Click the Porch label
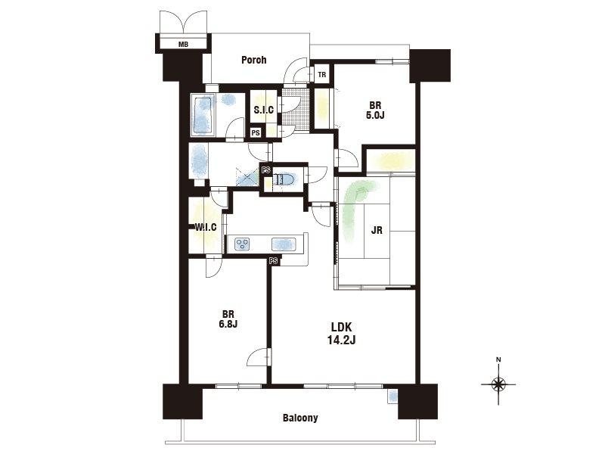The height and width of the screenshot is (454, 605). click(253, 60)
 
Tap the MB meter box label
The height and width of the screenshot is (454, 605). click(183, 45)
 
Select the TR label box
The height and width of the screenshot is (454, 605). click(322, 75)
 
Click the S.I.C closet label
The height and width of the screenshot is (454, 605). click(264, 110)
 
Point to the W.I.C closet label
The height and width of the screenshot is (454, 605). click(205, 227)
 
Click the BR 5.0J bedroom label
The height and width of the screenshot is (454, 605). click(375, 110)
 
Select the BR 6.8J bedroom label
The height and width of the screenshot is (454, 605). click(228, 319)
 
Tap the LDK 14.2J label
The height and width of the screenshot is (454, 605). click(342, 334)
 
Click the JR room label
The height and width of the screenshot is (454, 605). click(377, 231)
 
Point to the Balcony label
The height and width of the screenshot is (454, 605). click(300, 418)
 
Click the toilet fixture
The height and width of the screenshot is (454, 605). click(285, 179)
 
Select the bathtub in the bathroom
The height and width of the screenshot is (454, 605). click(202, 115)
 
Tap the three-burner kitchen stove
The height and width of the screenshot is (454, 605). click(242, 244)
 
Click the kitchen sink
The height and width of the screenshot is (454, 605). click(284, 244)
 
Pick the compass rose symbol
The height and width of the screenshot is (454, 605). click(498, 384)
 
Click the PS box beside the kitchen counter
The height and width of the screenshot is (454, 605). click(274, 261)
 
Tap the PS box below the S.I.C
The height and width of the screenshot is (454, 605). click(256, 132)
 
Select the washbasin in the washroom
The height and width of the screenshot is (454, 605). click(198, 160)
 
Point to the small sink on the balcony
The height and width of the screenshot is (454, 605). click(392, 396)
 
